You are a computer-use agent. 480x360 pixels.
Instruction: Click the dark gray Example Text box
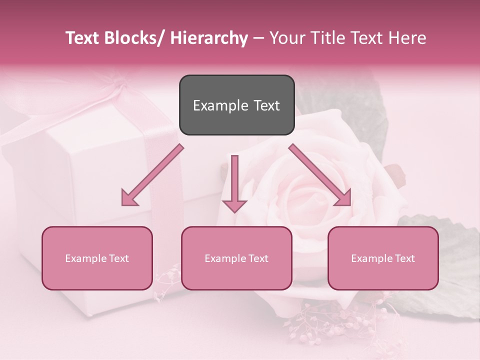pyautogui.click(x=236, y=105)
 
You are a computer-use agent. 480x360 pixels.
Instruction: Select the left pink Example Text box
pyautogui.click(x=97, y=258)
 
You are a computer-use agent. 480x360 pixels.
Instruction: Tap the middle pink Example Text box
pyautogui.click(x=236, y=258)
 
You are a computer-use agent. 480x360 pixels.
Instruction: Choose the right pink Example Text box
pyautogui.click(x=383, y=258)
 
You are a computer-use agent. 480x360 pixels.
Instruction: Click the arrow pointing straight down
pyautogui.click(x=234, y=182)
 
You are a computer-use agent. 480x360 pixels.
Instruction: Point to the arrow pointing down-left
pyautogui.click(x=152, y=175)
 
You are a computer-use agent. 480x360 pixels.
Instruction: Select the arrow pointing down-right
pyautogui.click(x=320, y=175)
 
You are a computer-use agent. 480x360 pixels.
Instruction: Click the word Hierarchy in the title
pyautogui.click(x=208, y=38)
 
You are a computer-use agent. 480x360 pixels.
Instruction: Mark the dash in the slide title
pyautogui.click(x=258, y=39)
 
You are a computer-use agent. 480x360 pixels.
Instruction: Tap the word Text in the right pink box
pyautogui.click(x=404, y=258)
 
